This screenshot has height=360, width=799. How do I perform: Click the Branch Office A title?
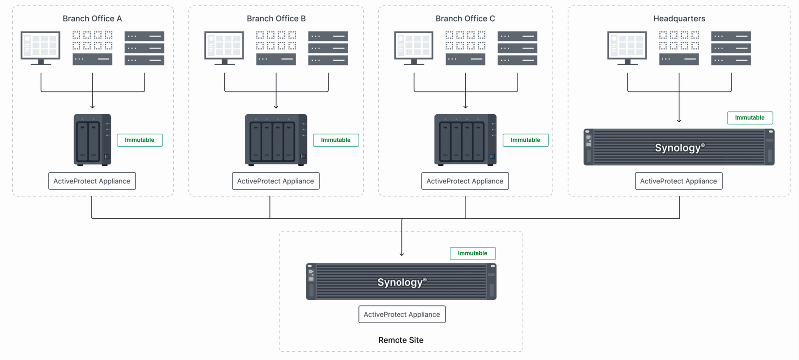92,19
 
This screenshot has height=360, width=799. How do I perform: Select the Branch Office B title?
276,19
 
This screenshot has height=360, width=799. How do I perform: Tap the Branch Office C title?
465,19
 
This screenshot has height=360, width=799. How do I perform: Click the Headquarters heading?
679,19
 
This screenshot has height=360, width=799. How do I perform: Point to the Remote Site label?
401,340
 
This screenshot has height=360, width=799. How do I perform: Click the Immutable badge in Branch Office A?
140,140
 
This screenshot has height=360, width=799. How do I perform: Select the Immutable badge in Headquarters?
750,118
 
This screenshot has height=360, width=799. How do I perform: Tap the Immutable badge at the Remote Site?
473,253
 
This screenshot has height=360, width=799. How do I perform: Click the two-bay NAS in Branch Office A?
92,140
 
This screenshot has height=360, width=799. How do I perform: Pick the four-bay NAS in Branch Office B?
276,140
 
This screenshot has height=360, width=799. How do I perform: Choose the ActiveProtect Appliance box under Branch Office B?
276,181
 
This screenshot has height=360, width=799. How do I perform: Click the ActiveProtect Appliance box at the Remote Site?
402,315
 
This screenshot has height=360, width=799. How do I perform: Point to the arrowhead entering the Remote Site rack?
402,254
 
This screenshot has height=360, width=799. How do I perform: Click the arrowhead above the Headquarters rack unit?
679,120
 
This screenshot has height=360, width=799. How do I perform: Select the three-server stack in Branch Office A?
144,48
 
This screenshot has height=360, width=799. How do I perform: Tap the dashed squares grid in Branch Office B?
276,40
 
